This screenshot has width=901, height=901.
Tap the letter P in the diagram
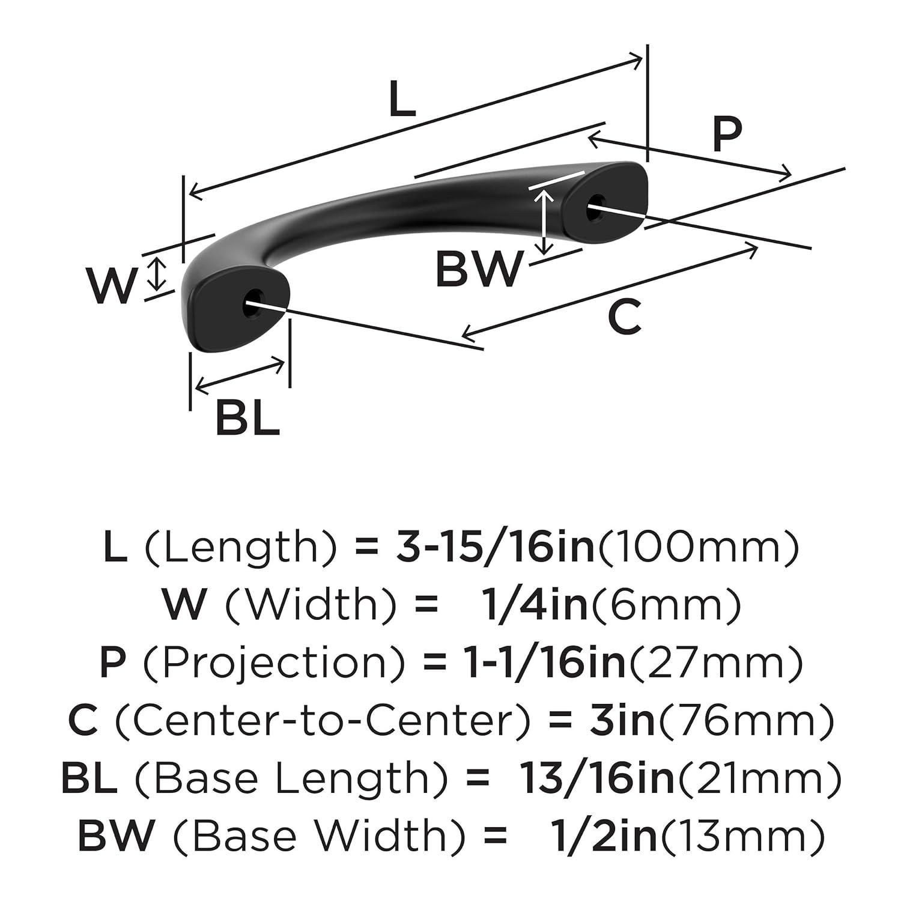pyautogui.click(x=727, y=135)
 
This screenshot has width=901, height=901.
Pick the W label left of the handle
pyautogui.click(x=111, y=286)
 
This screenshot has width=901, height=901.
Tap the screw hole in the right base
pyautogui.click(x=594, y=204)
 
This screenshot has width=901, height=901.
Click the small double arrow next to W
pyautogui.click(x=157, y=273)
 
